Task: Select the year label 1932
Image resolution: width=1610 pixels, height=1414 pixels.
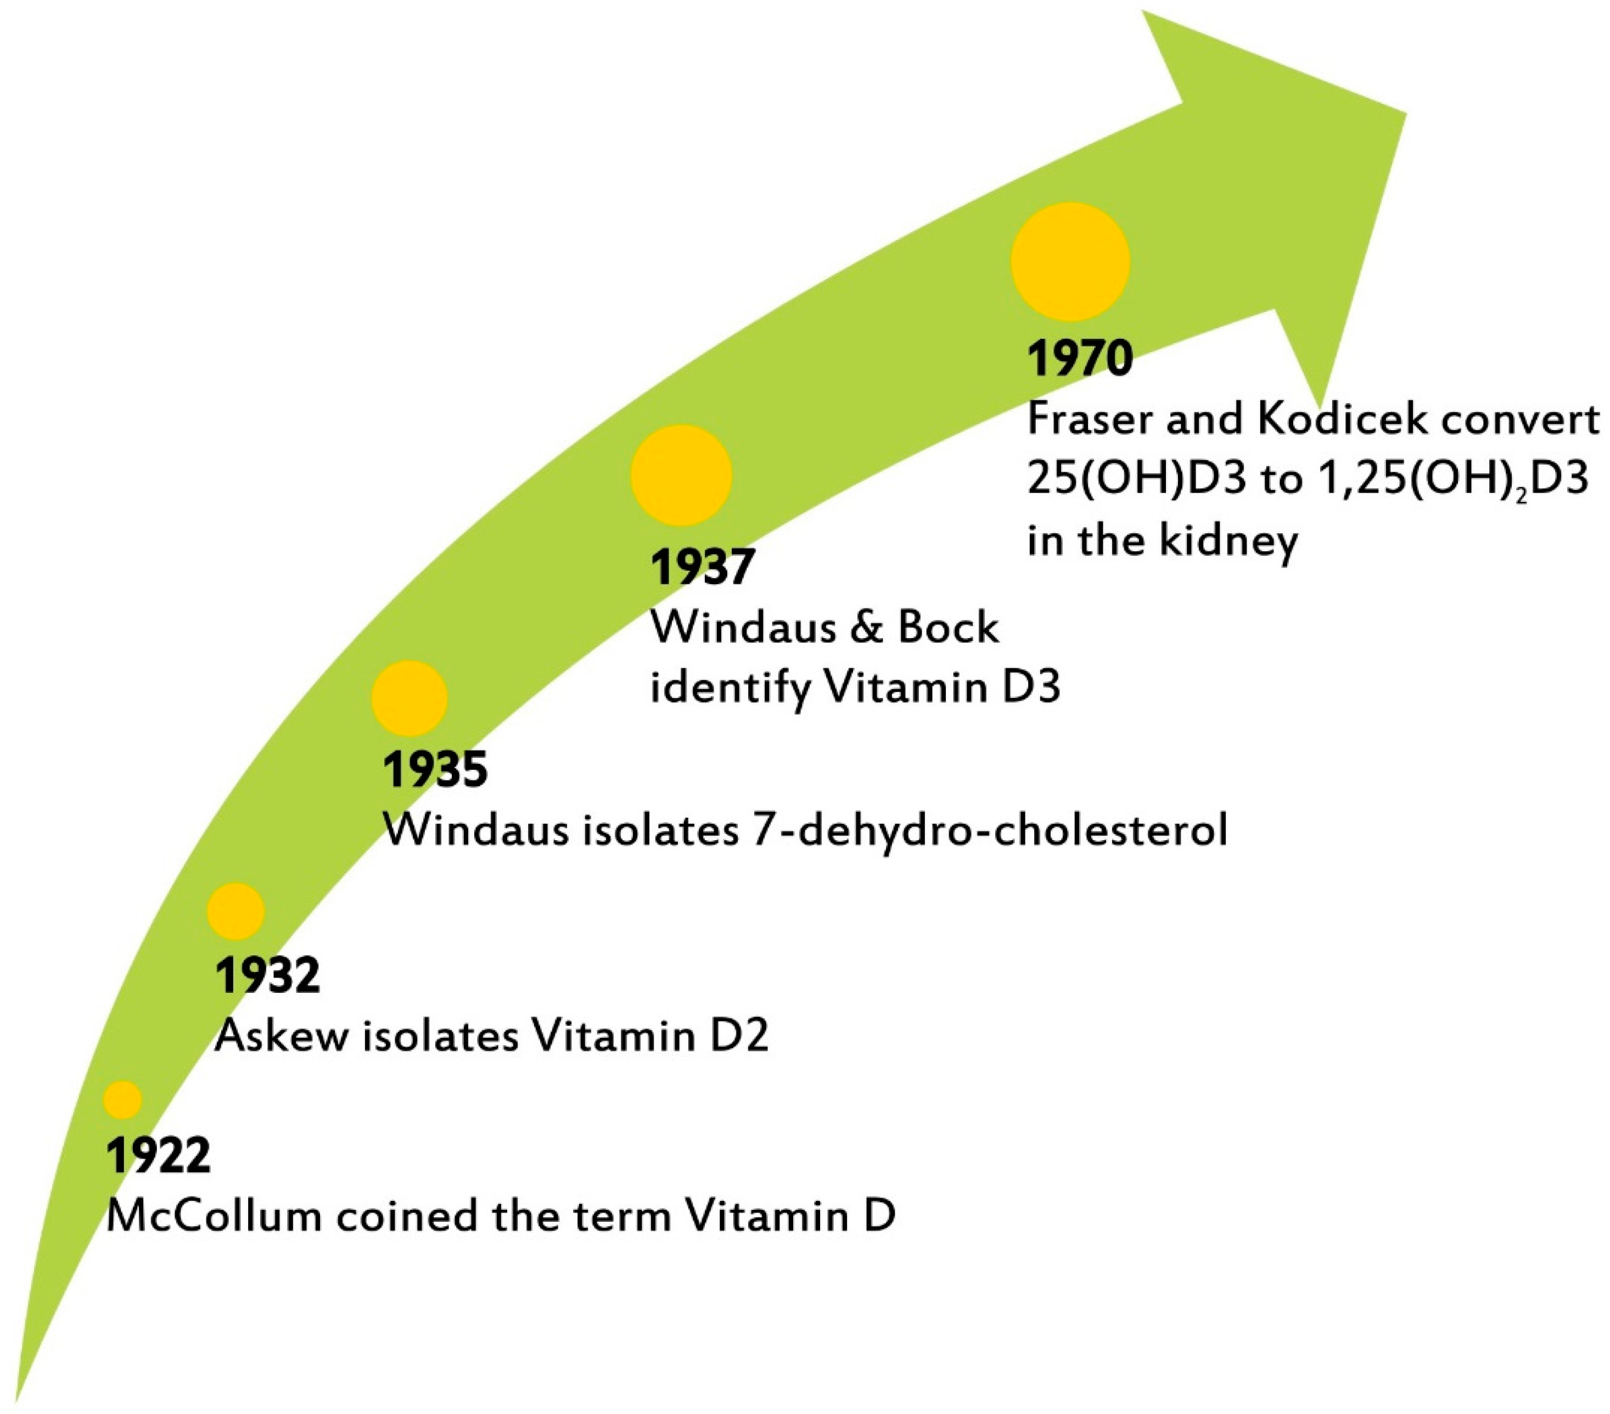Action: (267, 975)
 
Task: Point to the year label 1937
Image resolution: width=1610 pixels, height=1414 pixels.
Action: (702, 567)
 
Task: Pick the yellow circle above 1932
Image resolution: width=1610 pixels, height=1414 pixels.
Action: (235, 910)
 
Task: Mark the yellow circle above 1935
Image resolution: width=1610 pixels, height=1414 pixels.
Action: (409, 698)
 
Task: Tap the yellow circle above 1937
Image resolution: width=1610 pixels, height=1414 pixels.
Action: (681, 475)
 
